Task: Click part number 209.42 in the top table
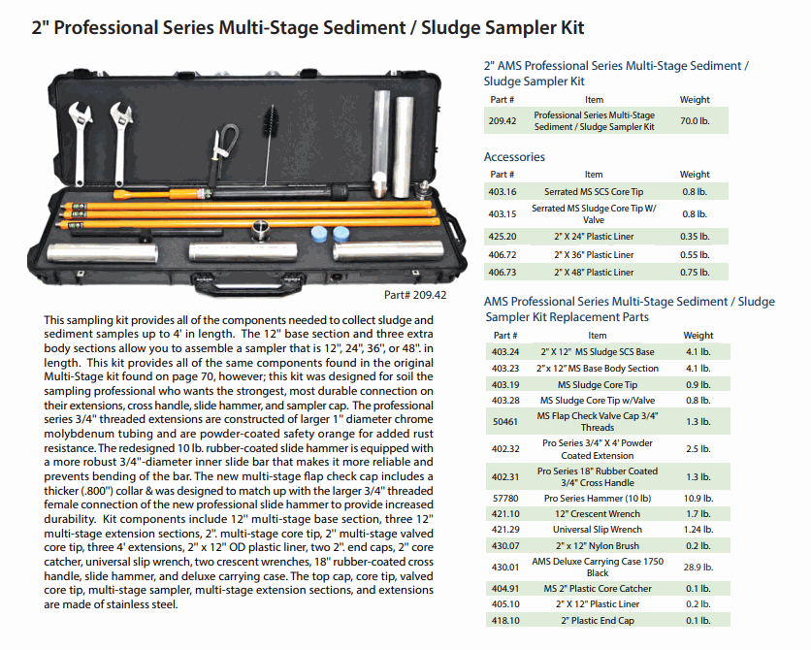pos(503,120)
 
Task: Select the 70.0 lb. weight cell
pos(695,120)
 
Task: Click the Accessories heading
pos(514,157)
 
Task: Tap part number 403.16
pos(503,192)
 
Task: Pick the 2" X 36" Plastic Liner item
pos(594,254)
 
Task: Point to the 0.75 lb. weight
pos(695,273)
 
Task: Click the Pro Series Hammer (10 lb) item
pos(594,498)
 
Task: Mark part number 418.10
pos(503,621)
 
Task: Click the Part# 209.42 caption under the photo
pos(414,295)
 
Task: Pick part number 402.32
pos(503,448)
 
